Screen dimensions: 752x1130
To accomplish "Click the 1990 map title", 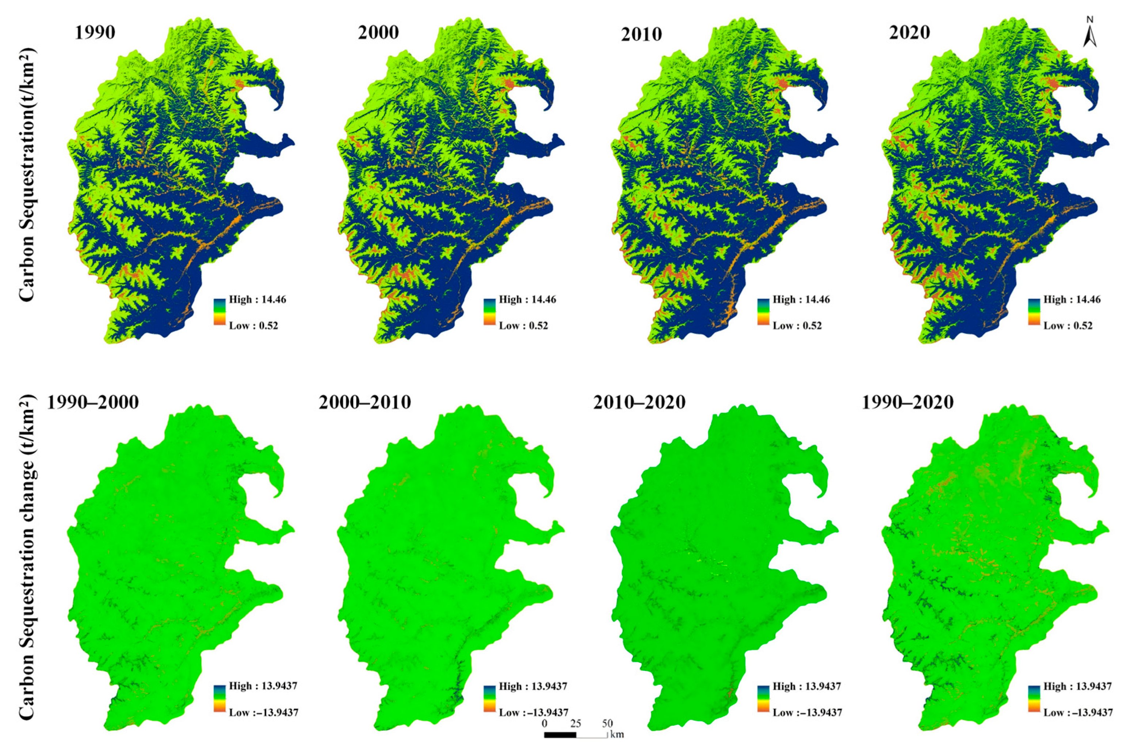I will pyautogui.click(x=95, y=32).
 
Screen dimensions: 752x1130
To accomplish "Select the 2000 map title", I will pyautogui.click(x=378, y=32).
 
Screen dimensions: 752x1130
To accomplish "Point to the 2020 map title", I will pyautogui.click(x=909, y=32).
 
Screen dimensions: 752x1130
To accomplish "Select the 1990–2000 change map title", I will pyautogui.click(x=93, y=402).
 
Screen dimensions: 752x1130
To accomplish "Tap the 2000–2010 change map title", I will pyautogui.click(x=364, y=402).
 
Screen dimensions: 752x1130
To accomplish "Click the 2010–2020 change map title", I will pyautogui.click(x=639, y=402).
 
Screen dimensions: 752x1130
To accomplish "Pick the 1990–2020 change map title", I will pyautogui.click(x=907, y=402).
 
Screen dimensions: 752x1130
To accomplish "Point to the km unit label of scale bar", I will pyautogui.click(x=618, y=734).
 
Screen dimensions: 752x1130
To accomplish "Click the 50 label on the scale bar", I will pyautogui.click(x=607, y=723).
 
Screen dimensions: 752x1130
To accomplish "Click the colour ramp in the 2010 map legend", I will pyautogui.click(x=764, y=312).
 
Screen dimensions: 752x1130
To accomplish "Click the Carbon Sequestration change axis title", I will pyautogui.click(x=27, y=556).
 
